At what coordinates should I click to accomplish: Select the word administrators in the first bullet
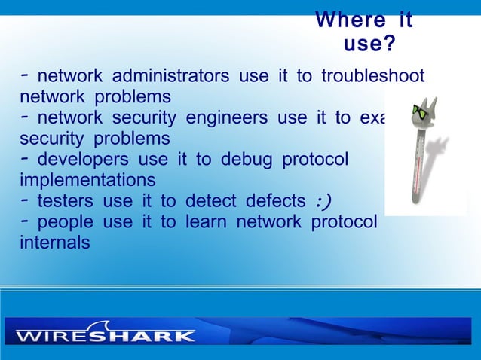(170, 77)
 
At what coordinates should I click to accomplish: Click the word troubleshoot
(372, 77)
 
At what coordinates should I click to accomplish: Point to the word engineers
(226, 118)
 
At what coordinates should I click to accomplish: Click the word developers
(83, 160)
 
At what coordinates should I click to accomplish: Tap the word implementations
(87, 181)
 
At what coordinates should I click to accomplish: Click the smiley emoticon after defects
(323, 201)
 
